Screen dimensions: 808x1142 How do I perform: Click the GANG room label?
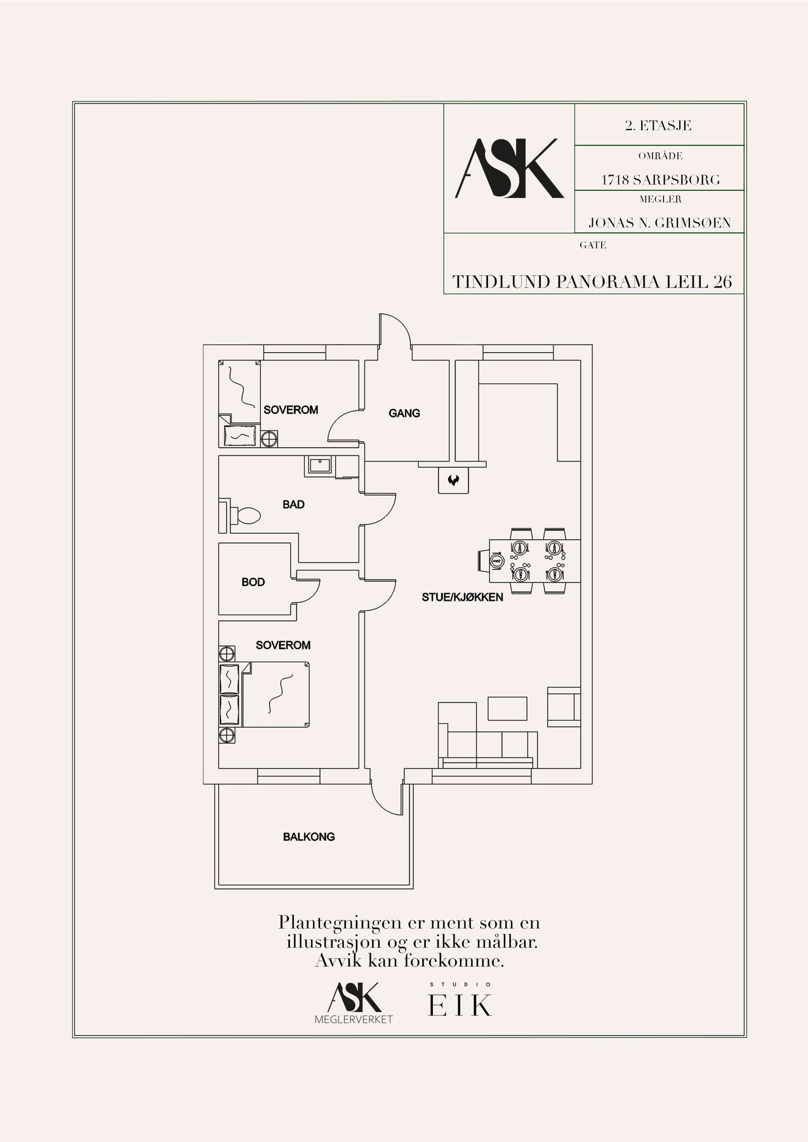click(x=404, y=413)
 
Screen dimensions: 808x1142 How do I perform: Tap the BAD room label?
click(x=293, y=504)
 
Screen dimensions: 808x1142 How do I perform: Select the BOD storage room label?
click(x=253, y=582)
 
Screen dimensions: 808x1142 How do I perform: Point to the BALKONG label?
click(x=308, y=837)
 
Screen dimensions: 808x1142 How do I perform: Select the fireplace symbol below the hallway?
click(x=453, y=480)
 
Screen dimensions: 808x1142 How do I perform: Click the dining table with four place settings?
click(x=534, y=561)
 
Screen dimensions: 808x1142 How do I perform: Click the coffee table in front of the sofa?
click(x=508, y=709)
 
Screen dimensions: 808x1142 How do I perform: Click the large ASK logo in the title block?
click(x=510, y=168)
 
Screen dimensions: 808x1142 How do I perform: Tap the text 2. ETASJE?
click(x=658, y=126)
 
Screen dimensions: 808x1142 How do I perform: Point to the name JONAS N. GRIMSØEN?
click(x=659, y=223)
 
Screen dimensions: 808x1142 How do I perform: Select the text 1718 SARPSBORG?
click(x=661, y=180)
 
